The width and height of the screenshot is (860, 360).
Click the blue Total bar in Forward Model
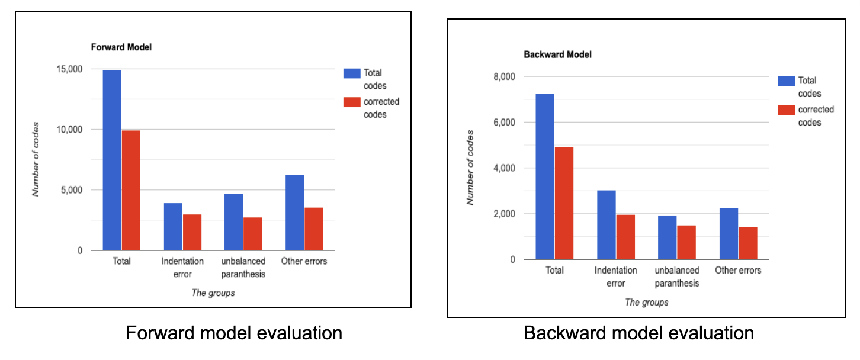click(x=112, y=160)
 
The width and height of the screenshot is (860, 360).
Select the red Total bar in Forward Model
click(x=131, y=190)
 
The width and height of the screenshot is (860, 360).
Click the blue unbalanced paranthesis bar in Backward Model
click(x=667, y=237)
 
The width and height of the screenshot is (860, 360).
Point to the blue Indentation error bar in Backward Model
click(x=606, y=225)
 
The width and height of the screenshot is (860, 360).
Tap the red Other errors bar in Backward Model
click(x=747, y=243)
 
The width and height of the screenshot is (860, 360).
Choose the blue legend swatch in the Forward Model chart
click(x=351, y=73)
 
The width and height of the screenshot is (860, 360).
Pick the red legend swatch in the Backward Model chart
click(x=785, y=110)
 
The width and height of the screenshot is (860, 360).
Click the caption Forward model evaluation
click(x=234, y=333)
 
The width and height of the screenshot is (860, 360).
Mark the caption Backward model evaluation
click(x=638, y=333)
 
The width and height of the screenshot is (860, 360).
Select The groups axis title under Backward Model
click(x=647, y=303)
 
